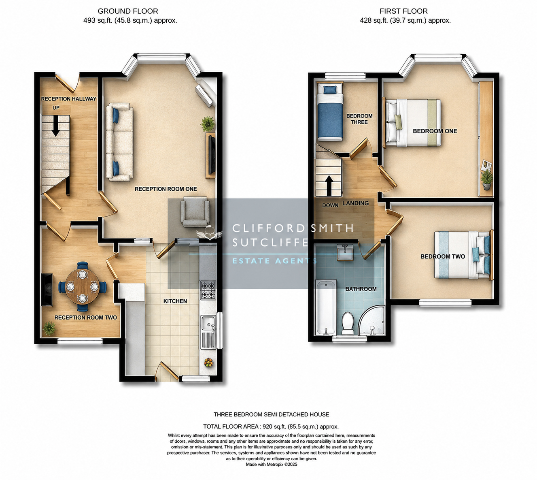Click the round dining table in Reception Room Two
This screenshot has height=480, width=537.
(x=83, y=286)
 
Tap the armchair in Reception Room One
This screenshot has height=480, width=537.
(x=195, y=211)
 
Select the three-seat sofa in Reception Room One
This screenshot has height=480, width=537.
(x=119, y=142)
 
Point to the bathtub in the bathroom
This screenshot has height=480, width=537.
(x=326, y=307)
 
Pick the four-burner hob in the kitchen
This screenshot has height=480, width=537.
(x=208, y=290)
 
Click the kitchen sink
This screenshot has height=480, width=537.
(x=208, y=332)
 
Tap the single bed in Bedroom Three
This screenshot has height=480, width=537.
(x=330, y=112)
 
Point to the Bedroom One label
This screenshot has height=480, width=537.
(x=435, y=131)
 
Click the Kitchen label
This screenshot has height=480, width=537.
(x=175, y=301)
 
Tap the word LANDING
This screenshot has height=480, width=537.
(x=355, y=203)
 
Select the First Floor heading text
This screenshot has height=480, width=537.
(x=403, y=11)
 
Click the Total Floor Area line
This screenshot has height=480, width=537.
(x=271, y=427)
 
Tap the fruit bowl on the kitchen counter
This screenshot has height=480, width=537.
(x=208, y=363)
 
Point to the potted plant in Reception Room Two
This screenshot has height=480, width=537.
(x=49, y=328)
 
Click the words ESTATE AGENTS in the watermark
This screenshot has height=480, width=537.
(x=275, y=261)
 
